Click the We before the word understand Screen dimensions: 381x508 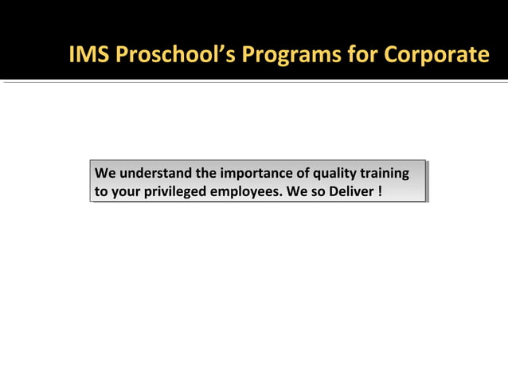[x=105, y=173]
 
